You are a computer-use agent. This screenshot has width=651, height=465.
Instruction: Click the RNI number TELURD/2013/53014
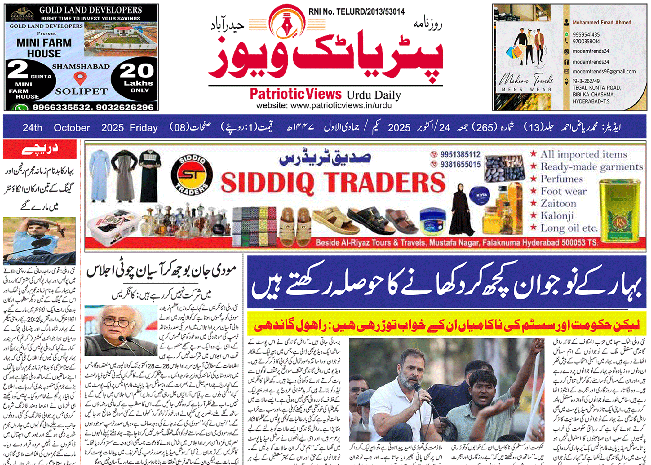(x=356, y=12)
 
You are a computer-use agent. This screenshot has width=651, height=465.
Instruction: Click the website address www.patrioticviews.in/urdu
(x=324, y=105)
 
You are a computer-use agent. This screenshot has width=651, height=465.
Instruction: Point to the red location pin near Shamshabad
(x=80, y=78)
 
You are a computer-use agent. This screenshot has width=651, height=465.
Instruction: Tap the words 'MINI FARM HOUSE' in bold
(x=44, y=48)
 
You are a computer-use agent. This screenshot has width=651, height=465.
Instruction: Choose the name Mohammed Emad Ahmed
(x=602, y=22)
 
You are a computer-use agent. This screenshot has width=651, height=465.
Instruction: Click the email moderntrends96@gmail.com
(x=604, y=72)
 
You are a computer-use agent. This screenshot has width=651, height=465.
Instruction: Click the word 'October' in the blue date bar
(x=72, y=127)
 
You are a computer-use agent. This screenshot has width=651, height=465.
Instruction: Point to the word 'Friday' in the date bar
(x=144, y=127)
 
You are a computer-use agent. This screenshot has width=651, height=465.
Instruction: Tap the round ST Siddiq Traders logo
(x=192, y=175)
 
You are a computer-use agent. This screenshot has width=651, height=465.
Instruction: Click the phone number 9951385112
(x=460, y=154)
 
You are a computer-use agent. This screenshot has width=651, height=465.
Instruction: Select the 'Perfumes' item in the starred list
(x=562, y=179)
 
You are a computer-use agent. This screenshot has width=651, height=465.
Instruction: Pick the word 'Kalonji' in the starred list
(x=557, y=215)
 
